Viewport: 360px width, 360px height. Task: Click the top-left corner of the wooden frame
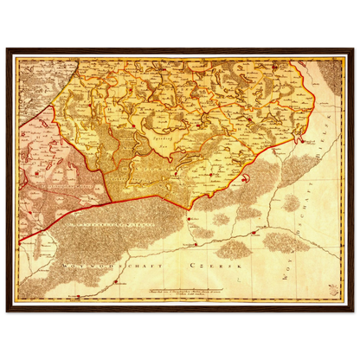point(4,49)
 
